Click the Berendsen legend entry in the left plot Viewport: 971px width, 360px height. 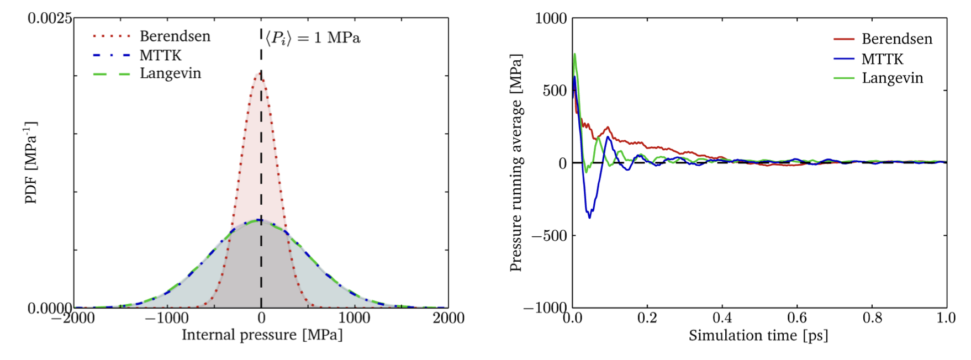point(175,36)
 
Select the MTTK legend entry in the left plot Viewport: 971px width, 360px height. point(160,55)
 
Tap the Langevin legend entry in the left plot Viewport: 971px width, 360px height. point(170,73)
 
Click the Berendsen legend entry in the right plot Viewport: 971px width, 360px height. point(896,39)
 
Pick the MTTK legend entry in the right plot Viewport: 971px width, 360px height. point(882,59)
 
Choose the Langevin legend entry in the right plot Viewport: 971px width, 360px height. point(892,78)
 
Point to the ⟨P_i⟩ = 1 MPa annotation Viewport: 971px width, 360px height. point(313,38)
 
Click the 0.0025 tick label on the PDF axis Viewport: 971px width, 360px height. point(50,19)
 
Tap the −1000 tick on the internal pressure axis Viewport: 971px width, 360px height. point(167,318)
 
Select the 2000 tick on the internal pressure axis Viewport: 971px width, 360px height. point(448,318)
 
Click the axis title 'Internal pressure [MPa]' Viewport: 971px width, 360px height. point(262,335)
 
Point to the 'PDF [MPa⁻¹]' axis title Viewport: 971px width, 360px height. point(31,162)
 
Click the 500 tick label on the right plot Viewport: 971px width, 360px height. point(555,91)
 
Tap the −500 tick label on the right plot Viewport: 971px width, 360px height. point(549,236)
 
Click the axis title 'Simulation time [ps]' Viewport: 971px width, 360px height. point(758,335)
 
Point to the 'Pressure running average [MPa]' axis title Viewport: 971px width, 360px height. point(516,162)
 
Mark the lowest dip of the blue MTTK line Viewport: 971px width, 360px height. point(589,218)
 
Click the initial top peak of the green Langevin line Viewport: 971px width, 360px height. point(575,54)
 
